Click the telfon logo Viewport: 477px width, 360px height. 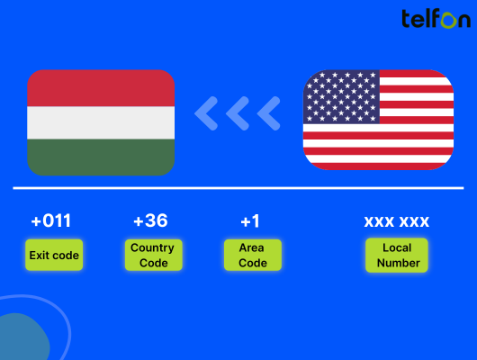tap(436, 19)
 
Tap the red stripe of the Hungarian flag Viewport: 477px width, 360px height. tap(101, 88)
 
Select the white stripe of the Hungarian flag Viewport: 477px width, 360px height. tap(101, 122)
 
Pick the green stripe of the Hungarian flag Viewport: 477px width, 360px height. tap(101, 157)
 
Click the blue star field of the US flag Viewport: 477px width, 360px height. tap(342, 97)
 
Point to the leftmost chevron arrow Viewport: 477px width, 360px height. tap(206, 113)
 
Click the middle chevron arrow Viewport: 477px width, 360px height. tap(238, 113)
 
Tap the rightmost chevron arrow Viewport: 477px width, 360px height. tap(268, 113)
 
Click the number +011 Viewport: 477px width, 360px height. tap(51, 220)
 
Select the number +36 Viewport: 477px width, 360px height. tap(150, 220)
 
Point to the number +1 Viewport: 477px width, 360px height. tap(250, 221)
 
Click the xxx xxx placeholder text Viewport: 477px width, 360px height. tap(397, 221)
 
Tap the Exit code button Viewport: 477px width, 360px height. tap(54, 255)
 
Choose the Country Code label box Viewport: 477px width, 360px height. tap(154, 255)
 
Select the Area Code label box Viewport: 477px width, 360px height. tap(253, 255)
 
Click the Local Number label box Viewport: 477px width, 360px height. tap(397, 255)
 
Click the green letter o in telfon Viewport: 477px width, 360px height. tap(449, 21)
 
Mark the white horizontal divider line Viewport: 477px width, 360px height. tap(238, 188)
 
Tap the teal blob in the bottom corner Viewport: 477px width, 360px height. tap(22, 337)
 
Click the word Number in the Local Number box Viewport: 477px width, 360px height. tap(398, 263)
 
